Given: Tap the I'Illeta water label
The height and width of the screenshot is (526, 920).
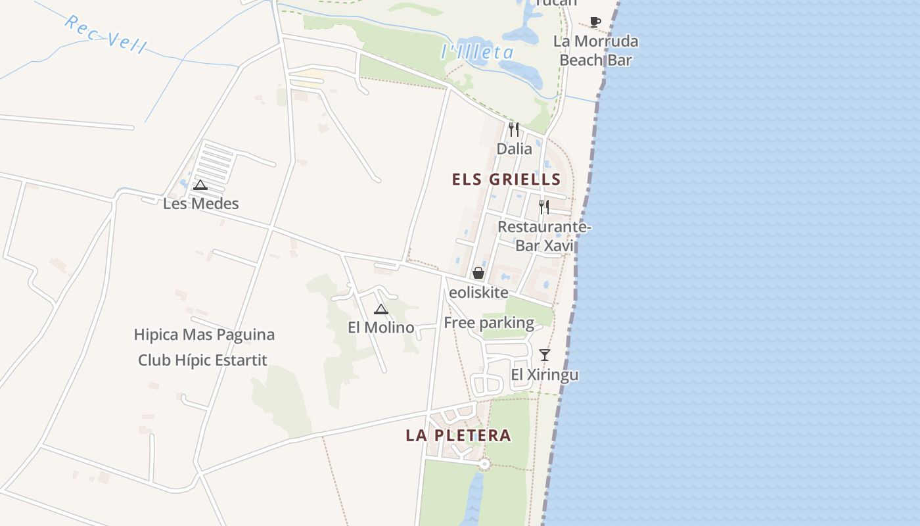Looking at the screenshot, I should [477, 52].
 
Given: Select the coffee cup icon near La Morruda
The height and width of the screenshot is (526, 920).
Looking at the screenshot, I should [595, 22].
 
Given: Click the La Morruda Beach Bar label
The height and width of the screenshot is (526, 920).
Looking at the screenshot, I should [595, 51].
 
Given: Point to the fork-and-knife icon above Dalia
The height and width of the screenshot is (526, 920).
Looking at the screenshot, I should [514, 130].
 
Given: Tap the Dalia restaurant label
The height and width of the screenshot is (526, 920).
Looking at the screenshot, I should [514, 149].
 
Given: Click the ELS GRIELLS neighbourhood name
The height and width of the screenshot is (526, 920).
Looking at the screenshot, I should [506, 179].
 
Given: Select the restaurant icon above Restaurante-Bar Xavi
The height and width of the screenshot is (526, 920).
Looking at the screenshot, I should [544, 207].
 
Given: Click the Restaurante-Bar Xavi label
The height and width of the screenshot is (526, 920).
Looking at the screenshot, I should [544, 236].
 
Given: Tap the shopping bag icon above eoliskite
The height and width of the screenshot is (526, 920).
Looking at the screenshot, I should [478, 273].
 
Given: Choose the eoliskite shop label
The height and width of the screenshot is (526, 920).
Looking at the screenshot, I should [478, 293].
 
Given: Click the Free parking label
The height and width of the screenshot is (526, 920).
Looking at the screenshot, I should [489, 323].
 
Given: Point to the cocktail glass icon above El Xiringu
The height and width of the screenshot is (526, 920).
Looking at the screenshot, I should [545, 355].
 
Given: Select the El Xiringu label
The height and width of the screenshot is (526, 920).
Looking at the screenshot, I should [545, 375].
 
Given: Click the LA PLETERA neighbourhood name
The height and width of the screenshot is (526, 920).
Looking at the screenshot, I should [458, 435].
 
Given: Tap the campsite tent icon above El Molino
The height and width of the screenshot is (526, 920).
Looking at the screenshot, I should [381, 309].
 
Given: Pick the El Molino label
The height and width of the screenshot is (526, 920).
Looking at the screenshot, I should [381, 327].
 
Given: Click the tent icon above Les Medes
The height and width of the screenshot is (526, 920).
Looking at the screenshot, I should [200, 185].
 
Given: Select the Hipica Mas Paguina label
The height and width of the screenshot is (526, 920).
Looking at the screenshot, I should [204, 335].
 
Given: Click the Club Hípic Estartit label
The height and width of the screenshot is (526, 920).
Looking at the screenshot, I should [202, 360].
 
